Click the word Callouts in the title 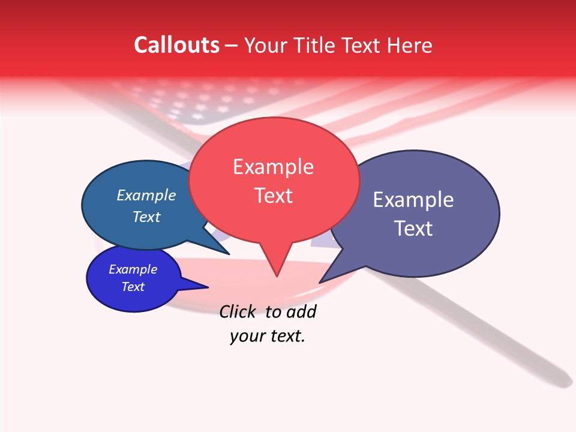[x=176, y=45]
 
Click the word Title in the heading [x=316, y=45]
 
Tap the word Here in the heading [x=409, y=45]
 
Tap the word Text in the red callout [x=274, y=196]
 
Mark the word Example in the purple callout [x=413, y=199]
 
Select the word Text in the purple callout [x=413, y=229]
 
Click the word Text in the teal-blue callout [x=146, y=217]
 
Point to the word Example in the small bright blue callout [x=133, y=269]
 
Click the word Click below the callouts [x=237, y=312]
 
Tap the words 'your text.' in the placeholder [x=268, y=336]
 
